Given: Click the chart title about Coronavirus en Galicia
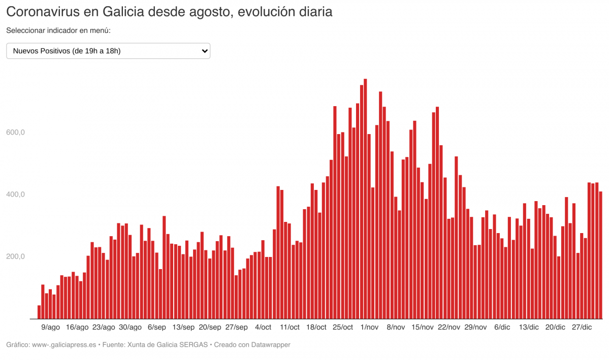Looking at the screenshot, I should click(x=169, y=12).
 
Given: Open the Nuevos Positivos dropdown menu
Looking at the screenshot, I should click(x=108, y=51).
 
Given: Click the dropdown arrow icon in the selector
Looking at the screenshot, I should click(x=205, y=51).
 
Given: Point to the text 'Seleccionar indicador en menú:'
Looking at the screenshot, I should click(x=58, y=30).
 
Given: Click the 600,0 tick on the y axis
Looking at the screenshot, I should click(x=15, y=133).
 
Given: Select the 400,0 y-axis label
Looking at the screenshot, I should click(x=15, y=194).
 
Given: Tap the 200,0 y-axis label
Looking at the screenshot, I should click(x=15, y=256).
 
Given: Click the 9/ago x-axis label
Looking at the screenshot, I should click(x=50, y=328).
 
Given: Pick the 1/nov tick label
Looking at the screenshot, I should click(x=369, y=328).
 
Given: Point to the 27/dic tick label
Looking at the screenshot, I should click(x=582, y=328).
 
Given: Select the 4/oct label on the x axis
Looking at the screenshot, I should click(x=263, y=328).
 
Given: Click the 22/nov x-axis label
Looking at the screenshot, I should click(x=449, y=328).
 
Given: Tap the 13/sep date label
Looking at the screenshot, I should click(x=183, y=328).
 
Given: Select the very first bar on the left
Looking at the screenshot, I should click(x=39, y=312).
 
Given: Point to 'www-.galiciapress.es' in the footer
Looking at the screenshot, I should click(x=64, y=345).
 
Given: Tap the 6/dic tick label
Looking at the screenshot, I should click(x=502, y=328).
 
